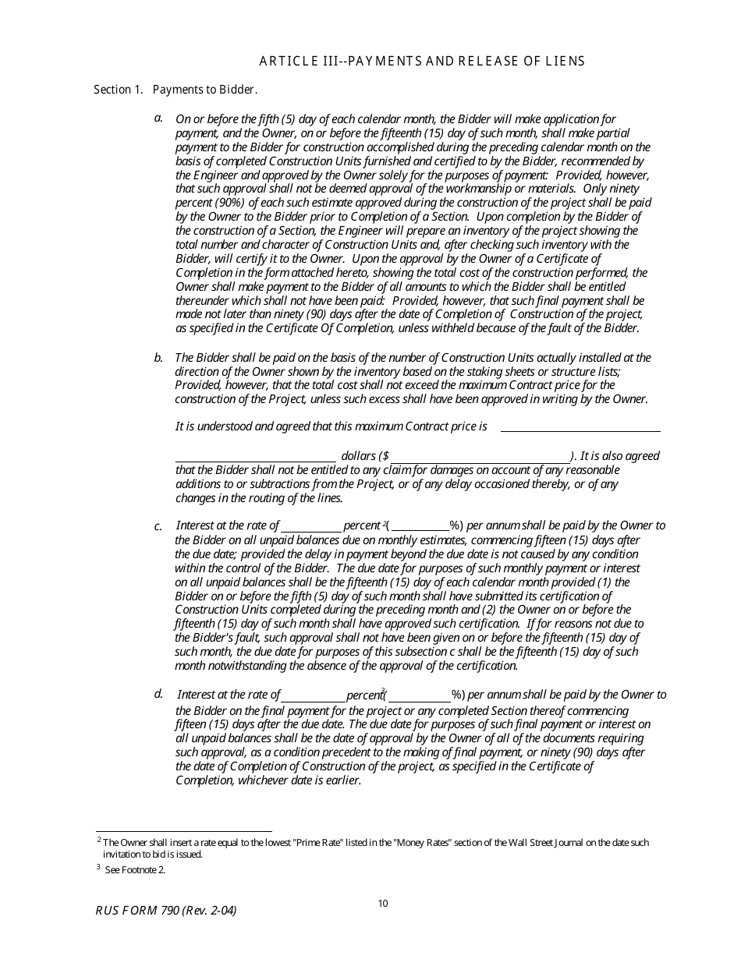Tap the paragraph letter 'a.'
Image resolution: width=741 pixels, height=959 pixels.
[158, 118]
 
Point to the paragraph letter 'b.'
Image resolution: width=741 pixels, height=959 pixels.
[158, 358]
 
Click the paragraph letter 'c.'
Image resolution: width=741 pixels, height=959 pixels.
[158, 526]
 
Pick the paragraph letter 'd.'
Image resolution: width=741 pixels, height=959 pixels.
[158, 693]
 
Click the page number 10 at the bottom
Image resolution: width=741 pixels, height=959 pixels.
[382, 904]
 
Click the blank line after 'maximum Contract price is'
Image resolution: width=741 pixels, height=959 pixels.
[580, 430]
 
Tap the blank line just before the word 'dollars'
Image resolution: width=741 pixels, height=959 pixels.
[256, 460]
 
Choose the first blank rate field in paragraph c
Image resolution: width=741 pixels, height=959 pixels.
[311, 530]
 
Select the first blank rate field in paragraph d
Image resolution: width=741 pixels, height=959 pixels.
[314, 699]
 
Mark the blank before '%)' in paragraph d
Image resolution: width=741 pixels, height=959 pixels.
[420, 699]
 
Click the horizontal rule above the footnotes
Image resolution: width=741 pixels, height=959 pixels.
[183, 831]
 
